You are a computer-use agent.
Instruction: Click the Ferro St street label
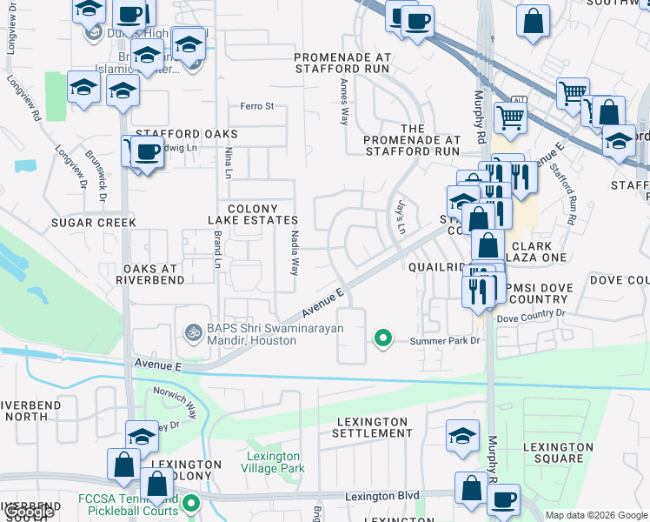click(x=256, y=106)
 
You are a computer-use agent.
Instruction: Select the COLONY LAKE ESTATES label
click(x=253, y=215)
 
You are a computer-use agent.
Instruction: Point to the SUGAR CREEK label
click(x=93, y=223)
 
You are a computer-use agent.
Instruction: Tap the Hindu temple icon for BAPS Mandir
click(x=192, y=331)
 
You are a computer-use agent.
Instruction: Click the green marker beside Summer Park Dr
click(x=381, y=338)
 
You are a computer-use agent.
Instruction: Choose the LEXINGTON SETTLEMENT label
click(x=371, y=427)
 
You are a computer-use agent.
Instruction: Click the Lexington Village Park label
click(x=274, y=462)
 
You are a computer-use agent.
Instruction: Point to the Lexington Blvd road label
click(x=381, y=496)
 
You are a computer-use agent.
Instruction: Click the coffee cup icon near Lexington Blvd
click(x=503, y=499)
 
